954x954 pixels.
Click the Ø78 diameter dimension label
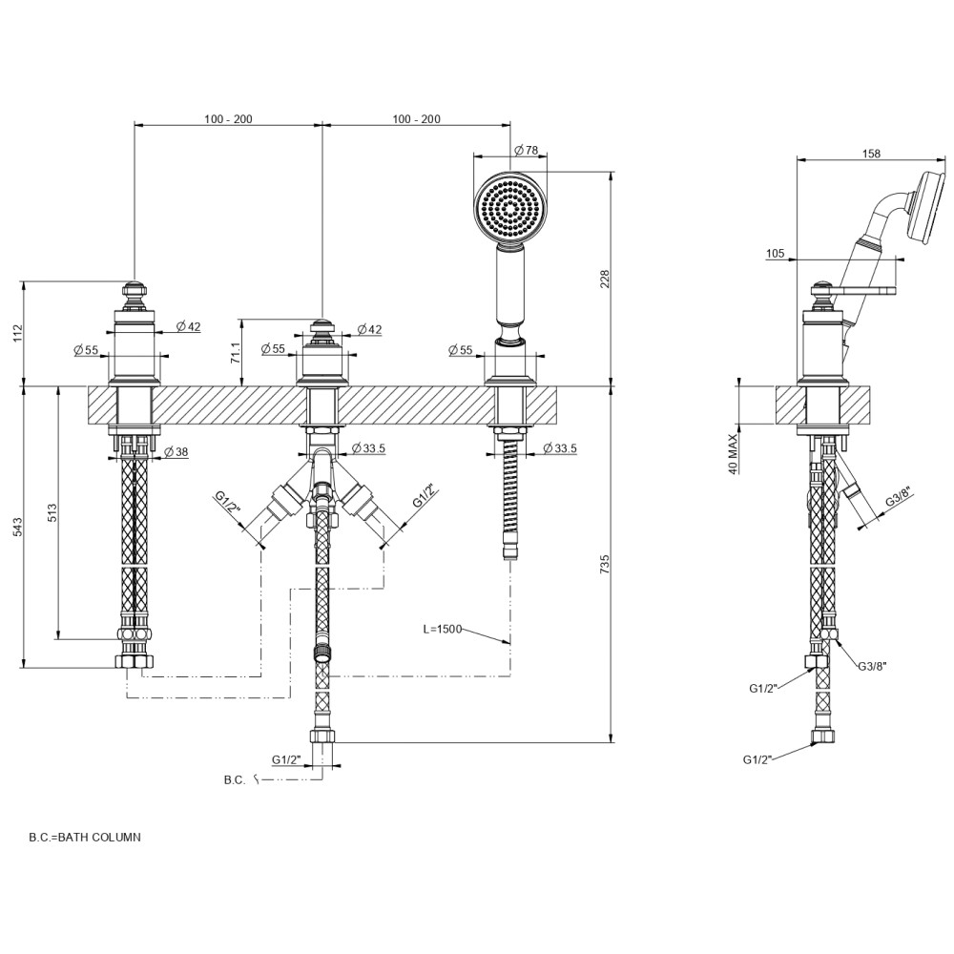[527, 151]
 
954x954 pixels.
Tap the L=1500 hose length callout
[443, 629]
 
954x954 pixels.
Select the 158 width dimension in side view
[870, 153]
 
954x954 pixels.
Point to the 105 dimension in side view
[775, 254]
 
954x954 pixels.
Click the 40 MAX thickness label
[734, 453]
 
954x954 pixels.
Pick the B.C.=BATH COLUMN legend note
[85, 837]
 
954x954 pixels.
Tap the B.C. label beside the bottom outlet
[235, 779]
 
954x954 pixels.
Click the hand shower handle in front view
[510, 286]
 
